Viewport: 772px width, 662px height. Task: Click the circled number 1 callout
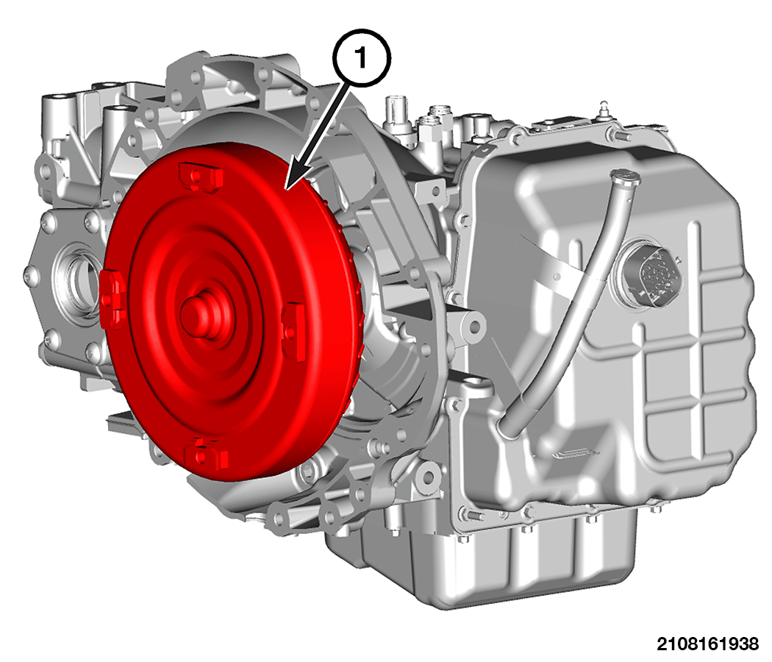362,58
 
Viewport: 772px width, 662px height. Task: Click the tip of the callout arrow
285,189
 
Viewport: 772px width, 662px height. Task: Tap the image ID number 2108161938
707,644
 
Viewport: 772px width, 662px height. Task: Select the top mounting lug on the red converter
201,177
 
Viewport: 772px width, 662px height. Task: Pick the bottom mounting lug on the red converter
206,452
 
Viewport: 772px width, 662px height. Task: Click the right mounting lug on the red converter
293,330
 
